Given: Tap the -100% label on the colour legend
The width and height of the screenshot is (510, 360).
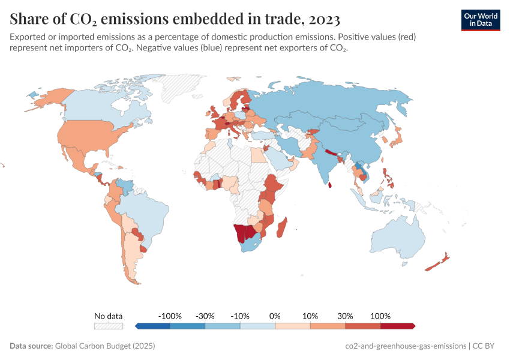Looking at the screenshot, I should pos(169,316).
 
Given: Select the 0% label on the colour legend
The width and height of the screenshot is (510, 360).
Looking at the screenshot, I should pos(275,316).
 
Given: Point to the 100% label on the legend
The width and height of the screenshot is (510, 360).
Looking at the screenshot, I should pos(380,316).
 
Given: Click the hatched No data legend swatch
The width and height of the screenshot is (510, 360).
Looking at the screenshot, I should pos(108,326).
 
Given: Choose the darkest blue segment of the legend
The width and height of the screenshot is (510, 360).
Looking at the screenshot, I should pos(153,326).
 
